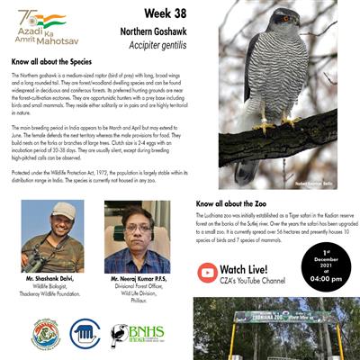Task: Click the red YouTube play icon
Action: tap(207, 271)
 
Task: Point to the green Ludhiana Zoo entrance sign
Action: tap(274, 315)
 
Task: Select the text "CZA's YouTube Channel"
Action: tap(256, 283)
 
